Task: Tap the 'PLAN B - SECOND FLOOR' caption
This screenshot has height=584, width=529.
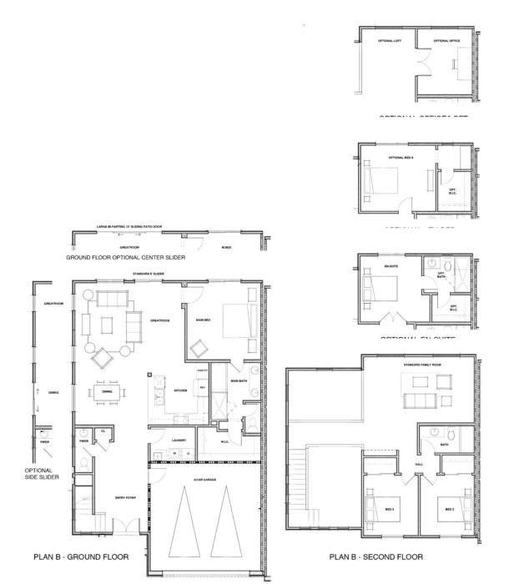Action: click(375, 556)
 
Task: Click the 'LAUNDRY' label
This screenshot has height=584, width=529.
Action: click(178, 441)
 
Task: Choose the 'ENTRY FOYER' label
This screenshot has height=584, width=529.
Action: click(125, 498)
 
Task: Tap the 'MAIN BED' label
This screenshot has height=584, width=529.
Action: click(202, 318)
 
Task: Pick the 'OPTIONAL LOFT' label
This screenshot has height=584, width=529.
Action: click(390, 40)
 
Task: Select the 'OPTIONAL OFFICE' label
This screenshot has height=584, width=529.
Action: click(446, 40)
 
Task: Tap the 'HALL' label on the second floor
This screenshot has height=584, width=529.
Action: click(419, 465)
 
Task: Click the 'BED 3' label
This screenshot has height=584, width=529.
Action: click(390, 508)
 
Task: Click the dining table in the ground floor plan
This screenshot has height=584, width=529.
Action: click(107, 391)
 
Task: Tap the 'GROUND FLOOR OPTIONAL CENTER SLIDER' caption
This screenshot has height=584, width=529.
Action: click(124, 258)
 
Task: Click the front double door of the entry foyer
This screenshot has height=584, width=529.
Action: click(123, 527)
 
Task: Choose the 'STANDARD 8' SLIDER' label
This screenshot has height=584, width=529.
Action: click(148, 274)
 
